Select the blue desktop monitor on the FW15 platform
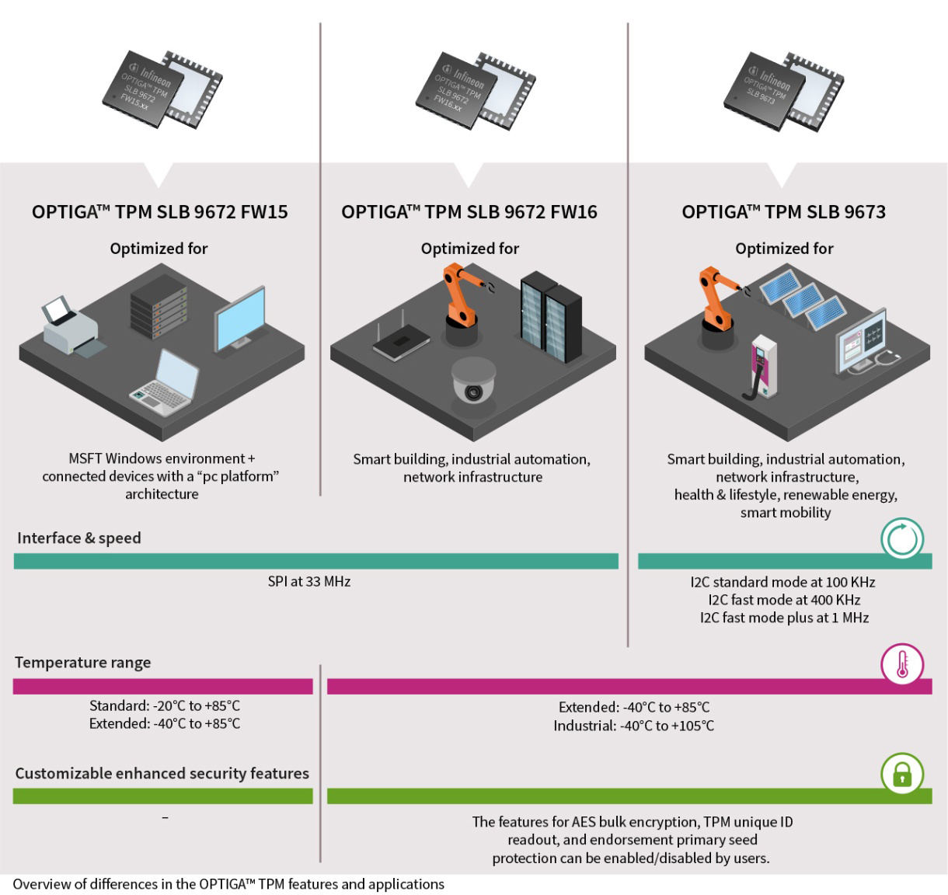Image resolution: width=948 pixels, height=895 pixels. point(239,320)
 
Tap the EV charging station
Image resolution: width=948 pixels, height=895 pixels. point(759,368)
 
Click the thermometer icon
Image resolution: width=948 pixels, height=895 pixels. point(901,666)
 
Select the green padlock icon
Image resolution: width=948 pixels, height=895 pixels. point(901,775)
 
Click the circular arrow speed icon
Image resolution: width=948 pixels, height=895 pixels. point(901,538)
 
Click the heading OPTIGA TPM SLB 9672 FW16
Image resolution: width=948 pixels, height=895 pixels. point(469,212)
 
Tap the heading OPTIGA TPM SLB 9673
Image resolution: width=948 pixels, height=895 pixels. point(783,212)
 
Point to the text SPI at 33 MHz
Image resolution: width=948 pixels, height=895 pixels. point(309,581)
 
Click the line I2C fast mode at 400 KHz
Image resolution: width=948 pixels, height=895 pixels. point(784,600)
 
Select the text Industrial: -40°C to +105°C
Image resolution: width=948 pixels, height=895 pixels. point(633,726)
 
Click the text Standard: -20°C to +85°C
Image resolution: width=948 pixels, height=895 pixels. point(164,705)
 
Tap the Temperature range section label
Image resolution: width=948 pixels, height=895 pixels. point(82,663)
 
